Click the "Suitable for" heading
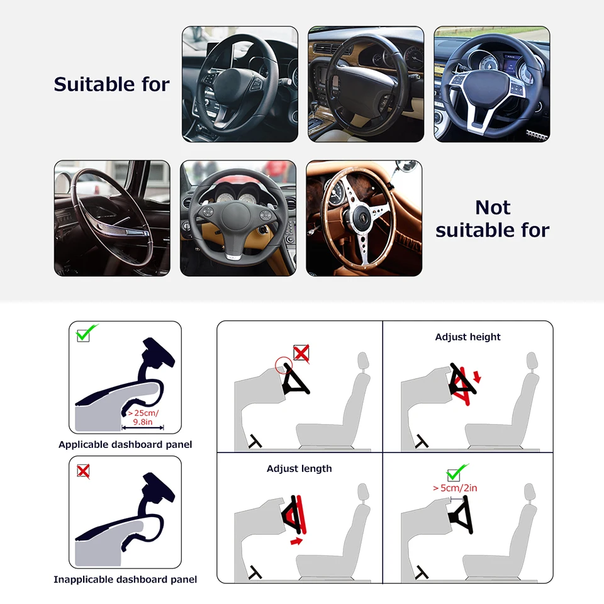click(112, 84)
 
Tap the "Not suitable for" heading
click(492, 218)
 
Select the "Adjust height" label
click(467, 337)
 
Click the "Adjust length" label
click(299, 469)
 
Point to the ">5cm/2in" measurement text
click(455, 488)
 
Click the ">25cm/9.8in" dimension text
click(143, 418)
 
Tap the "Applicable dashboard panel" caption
click(125, 445)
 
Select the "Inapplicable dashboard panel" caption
click(125, 579)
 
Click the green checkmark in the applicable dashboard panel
click(87, 333)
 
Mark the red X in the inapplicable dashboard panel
click(83, 471)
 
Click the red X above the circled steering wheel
click(301, 353)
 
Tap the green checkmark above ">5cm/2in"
click(457, 471)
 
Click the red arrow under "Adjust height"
click(478, 376)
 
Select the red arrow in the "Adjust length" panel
click(296, 541)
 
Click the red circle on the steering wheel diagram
click(284, 365)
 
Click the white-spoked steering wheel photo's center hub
click(488, 87)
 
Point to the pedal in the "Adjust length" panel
click(255, 573)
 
